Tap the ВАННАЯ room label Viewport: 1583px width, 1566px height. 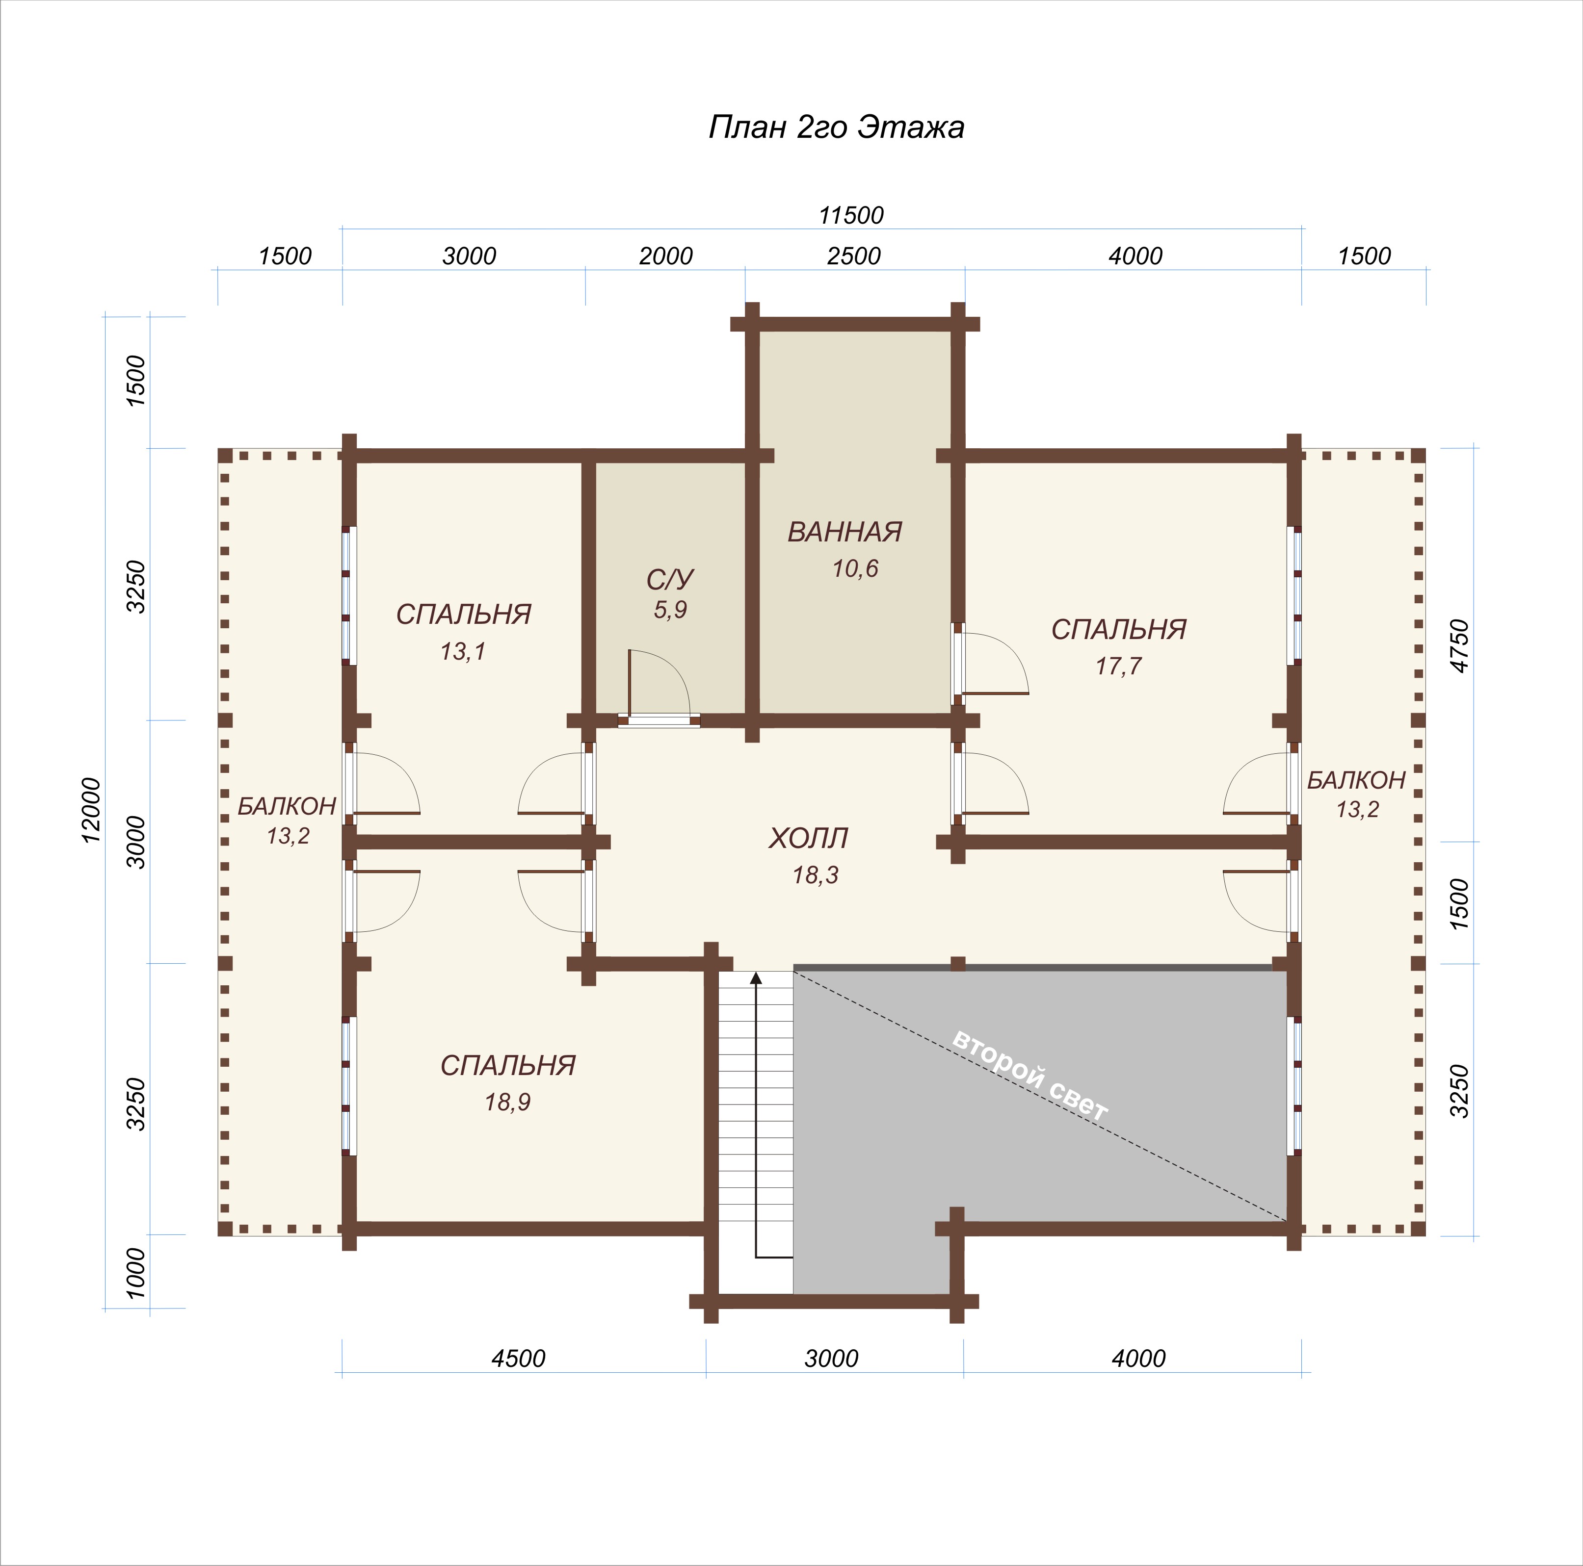point(845,532)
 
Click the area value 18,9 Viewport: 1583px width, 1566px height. point(507,1103)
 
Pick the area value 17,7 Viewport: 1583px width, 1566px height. point(1118,667)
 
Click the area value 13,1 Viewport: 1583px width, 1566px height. point(463,652)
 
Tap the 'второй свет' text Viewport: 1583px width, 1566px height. point(1030,1076)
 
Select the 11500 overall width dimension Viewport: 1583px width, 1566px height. point(851,215)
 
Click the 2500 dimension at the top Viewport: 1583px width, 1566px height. point(854,257)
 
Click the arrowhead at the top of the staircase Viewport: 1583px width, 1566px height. point(756,977)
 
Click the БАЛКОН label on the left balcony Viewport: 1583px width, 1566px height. point(287,807)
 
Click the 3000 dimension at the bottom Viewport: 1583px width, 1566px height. point(832,1359)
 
